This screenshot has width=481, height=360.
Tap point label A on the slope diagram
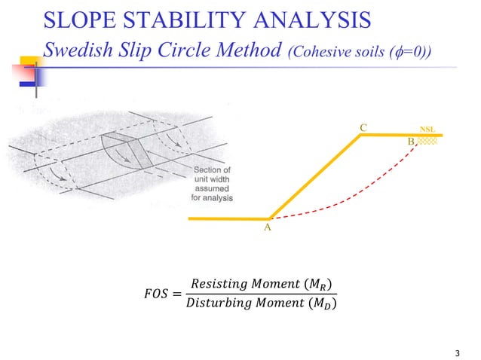(267, 227)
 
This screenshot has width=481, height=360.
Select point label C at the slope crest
(363, 128)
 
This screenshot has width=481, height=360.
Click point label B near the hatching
(411, 142)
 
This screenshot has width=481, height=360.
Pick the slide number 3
(458, 352)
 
